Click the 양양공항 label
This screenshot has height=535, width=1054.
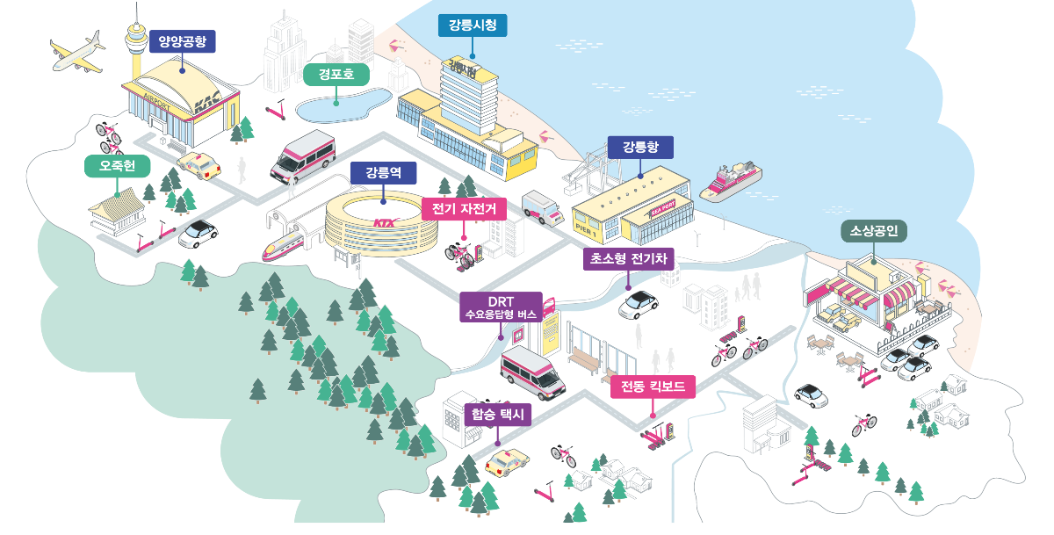[182, 40]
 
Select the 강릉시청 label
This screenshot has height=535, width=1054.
[472, 25]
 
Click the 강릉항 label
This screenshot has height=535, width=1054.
[639, 147]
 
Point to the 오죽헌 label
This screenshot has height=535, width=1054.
[117, 166]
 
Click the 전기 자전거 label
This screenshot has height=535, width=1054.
[465, 209]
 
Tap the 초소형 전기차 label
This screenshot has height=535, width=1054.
[627, 258]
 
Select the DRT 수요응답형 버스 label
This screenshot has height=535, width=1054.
[501, 307]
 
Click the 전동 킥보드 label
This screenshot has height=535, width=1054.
[653, 387]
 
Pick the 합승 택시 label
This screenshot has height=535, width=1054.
[498, 415]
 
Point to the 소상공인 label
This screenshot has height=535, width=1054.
[874, 232]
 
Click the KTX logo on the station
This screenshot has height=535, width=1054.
[385, 222]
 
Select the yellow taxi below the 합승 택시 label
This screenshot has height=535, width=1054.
[507, 460]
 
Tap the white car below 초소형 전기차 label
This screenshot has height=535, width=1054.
[639, 304]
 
